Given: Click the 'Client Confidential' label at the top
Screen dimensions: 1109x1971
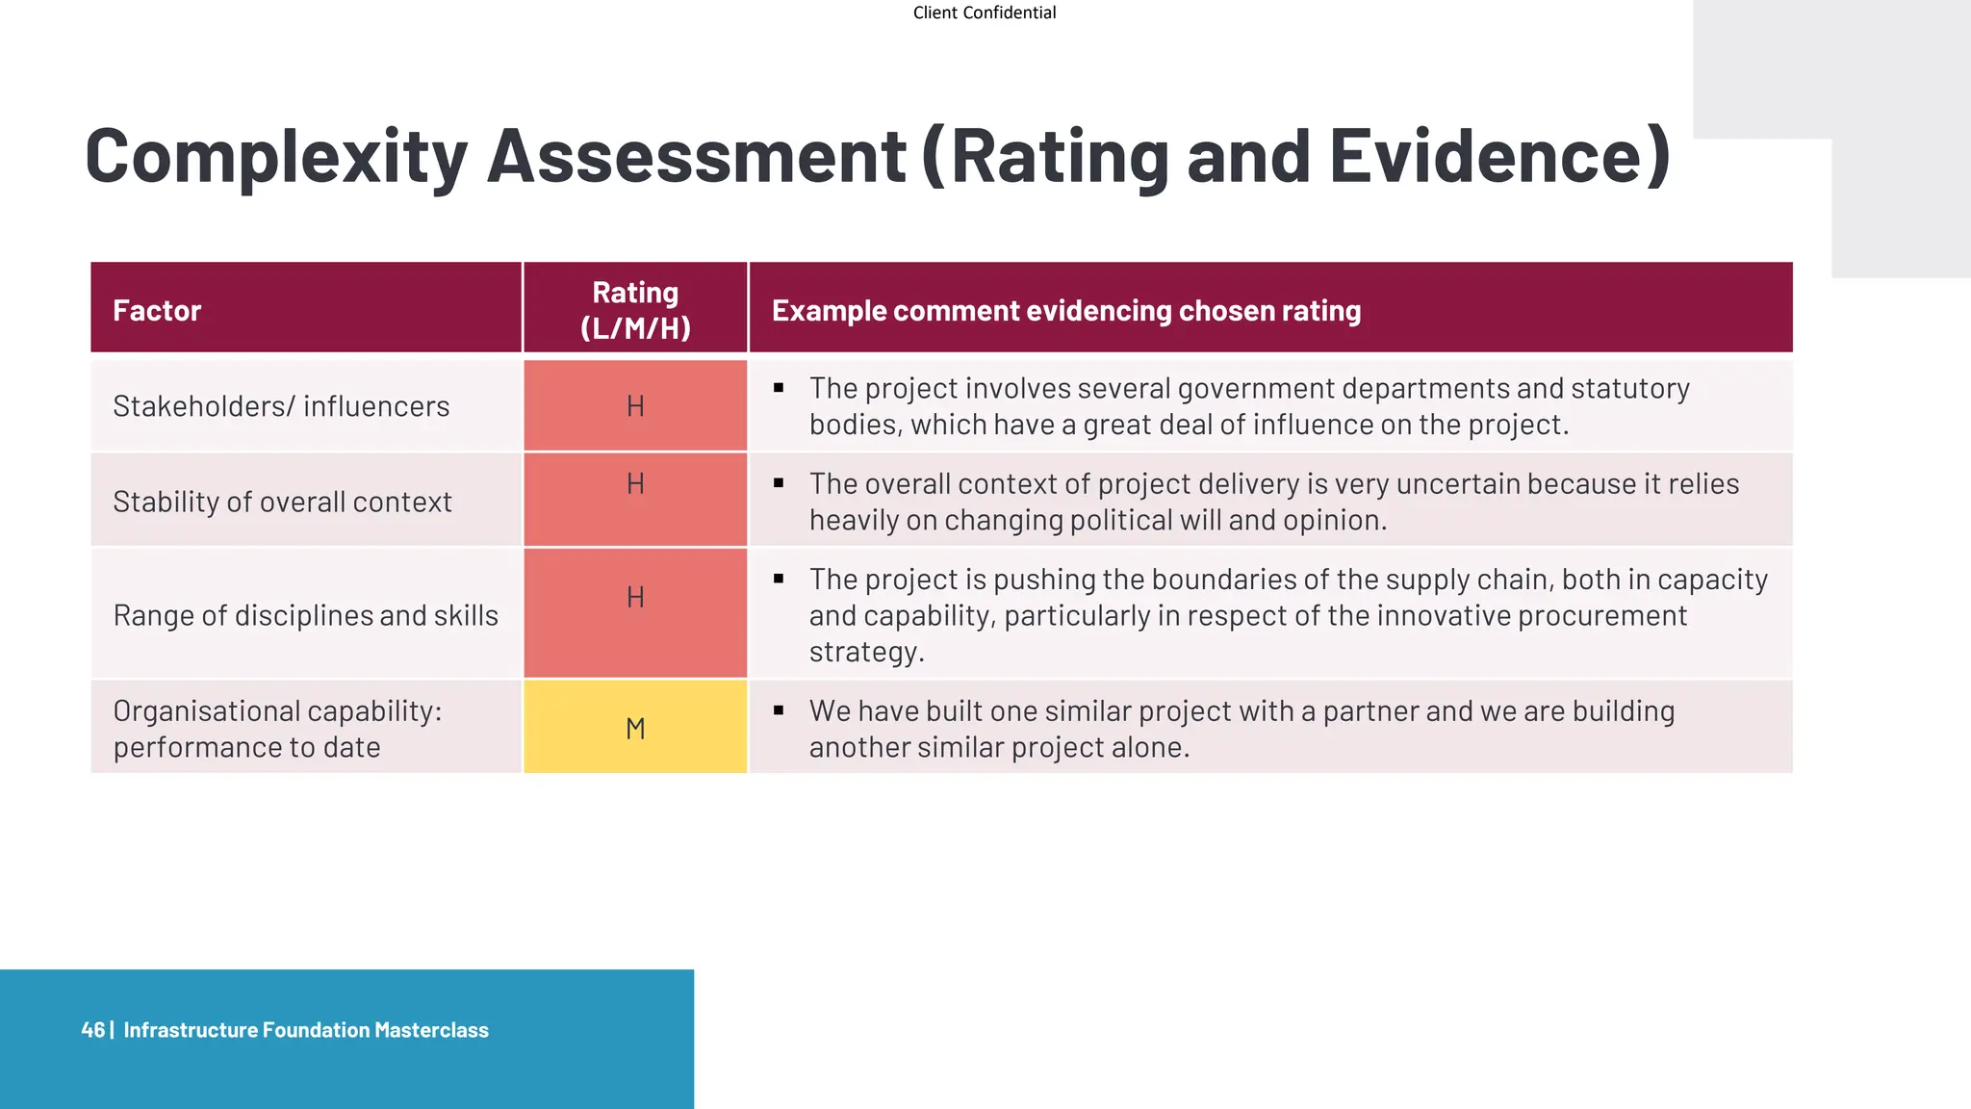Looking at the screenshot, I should (x=984, y=13).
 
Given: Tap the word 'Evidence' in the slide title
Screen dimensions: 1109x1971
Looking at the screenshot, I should (x=1487, y=156).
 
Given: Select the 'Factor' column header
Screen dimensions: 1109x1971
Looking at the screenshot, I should (x=157, y=310).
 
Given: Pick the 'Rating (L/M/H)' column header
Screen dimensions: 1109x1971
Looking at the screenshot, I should (x=635, y=309).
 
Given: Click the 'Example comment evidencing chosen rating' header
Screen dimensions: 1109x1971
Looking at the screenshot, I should (x=1066, y=310).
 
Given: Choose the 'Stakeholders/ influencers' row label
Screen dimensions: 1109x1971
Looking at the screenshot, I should (x=281, y=406).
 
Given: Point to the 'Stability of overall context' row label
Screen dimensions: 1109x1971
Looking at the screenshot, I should (x=282, y=502).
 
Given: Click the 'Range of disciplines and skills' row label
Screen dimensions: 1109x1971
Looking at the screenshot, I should (x=305, y=615).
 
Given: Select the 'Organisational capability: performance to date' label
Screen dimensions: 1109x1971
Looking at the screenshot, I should (x=277, y=729).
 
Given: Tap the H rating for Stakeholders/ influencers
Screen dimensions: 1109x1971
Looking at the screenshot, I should (x=635, y=406).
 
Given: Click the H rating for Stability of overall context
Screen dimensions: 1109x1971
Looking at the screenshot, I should (x=635, y=483).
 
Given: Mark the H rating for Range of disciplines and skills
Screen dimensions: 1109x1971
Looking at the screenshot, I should (x=635, y=597).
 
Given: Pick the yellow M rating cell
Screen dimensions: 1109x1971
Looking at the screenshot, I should (x=635, y=729).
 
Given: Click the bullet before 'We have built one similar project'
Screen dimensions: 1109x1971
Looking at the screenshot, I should (x=779, y=710).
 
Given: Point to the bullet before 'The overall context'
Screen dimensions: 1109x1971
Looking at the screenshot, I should (x=779, y=483).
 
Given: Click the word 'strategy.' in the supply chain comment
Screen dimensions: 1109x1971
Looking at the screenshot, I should (x=866, y=652).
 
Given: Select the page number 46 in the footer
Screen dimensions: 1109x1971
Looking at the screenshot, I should (x=92, y=1030).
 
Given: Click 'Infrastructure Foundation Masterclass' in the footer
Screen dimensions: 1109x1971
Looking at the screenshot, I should (x=306, y=1030).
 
